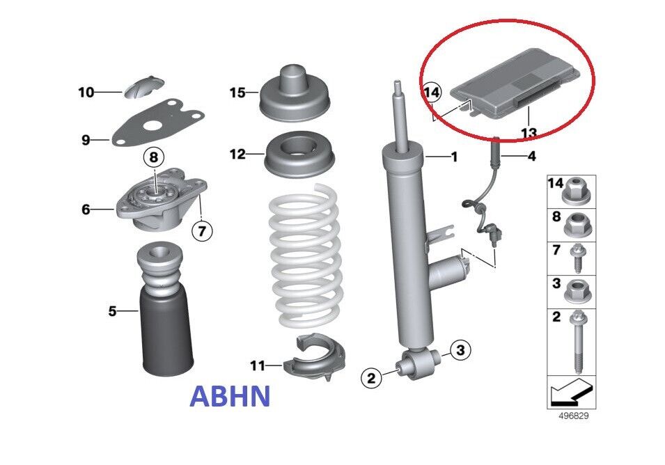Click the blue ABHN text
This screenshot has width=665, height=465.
[x=229, y=396]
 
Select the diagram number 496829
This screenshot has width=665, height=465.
[x=573, y=416]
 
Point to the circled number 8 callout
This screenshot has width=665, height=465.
[x=153, y=157]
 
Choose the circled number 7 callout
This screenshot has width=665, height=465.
[x=202, y=231]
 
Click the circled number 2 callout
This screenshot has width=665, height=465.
[x=371, y=377]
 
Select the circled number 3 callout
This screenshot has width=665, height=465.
[x=460, y=349]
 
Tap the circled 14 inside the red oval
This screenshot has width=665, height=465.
[x=432, y=92]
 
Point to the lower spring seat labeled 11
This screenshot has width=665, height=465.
[x=314, y=356]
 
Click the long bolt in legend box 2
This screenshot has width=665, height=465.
[x=578, y=342]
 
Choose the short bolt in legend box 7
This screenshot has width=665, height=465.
[x=577, y=258]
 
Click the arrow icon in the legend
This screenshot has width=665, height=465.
[x=570, y=392]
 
